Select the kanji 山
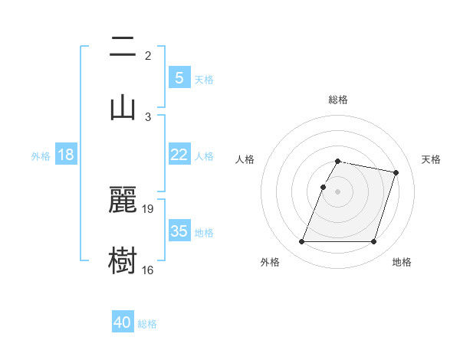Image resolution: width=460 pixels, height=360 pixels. (123, 107)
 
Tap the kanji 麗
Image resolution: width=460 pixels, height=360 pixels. (123, 199)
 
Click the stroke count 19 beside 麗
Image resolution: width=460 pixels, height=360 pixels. (148, 208)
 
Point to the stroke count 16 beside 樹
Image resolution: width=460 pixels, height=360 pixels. (148, 270)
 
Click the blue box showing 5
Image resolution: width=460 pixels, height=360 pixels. (179, 77)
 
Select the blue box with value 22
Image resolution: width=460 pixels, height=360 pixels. (179, 155)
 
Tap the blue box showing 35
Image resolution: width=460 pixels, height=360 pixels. (179, 231)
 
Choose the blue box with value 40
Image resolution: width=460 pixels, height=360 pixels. (123, 322)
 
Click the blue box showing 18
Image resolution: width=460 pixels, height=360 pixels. (66, 155)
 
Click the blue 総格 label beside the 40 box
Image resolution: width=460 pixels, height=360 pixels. (147, 324)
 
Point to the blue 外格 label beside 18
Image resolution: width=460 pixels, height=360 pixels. (41, 156)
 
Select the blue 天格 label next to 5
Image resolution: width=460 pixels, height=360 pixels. (204, 79)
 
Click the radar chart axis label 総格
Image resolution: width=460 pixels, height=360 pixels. (338, 100)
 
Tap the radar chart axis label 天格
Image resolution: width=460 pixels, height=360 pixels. (431, 159)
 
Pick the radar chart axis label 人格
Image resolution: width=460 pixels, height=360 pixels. (245, 159)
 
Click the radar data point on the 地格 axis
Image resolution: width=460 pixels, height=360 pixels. (373, 242)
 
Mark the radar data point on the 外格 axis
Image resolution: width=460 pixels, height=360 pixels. (302, 242)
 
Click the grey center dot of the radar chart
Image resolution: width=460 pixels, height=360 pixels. (338, 191)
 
